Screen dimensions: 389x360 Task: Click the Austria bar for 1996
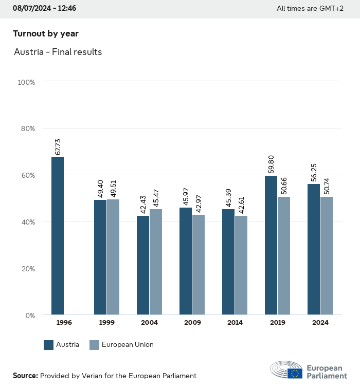pos(58,236)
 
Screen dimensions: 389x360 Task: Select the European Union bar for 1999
pos(113,257)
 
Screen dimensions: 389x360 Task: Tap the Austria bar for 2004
pos(143,265)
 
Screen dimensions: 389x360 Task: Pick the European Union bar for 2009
pos(199,265)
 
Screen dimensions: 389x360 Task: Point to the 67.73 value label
pos(58,146)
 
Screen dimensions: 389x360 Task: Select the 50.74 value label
pos(327,186)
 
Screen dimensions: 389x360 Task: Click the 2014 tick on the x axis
pos(235,323)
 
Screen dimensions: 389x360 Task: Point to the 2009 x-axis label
pos(192,323)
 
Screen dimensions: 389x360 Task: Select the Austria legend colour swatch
pos(49,345)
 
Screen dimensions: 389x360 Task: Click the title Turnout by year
pos(46,33)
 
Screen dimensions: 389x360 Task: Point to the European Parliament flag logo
pos(295,373)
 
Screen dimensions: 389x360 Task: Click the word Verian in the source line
pos(92,376)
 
